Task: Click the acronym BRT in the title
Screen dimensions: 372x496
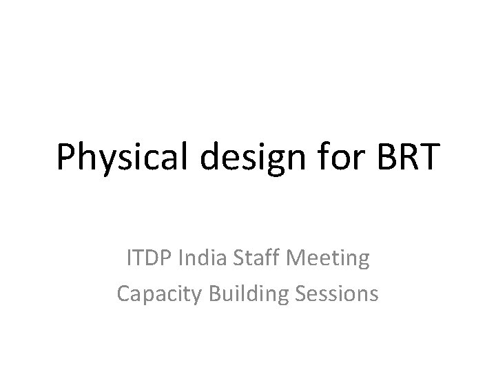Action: tap(406, 158)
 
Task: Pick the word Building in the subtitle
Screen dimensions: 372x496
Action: tap(240, 294)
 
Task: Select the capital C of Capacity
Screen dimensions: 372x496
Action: tap(123, 294)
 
